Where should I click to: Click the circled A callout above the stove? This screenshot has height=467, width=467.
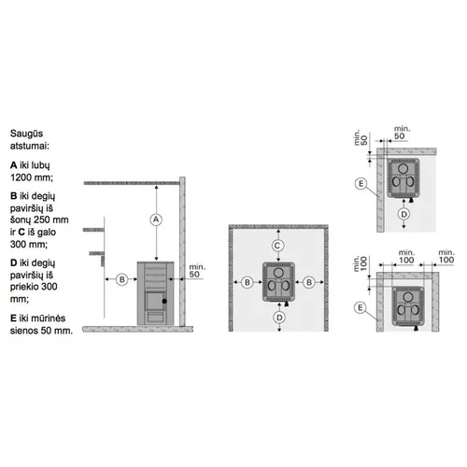156,219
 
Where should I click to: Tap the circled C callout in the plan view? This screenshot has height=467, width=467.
277,246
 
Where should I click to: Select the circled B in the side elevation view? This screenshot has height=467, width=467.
122,279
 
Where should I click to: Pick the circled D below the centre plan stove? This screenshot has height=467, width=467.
279,318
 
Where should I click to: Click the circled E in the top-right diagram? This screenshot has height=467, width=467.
361,183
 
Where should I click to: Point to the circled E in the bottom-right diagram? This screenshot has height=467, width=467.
361,308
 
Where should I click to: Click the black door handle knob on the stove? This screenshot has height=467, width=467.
164,301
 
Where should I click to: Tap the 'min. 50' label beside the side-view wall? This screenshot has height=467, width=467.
197,271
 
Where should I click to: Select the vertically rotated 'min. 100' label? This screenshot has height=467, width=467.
361,263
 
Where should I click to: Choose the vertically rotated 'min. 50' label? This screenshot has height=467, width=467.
361,137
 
